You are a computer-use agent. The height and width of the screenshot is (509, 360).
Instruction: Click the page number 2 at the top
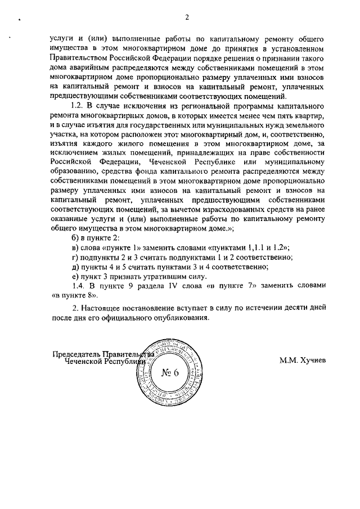tap(186, 17)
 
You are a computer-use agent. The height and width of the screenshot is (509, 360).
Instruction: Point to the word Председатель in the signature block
tap(76, 355)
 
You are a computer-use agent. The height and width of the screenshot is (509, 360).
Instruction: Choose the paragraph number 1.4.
tap(73, 285)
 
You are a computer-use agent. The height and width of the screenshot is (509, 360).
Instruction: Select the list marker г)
tap(70, 256)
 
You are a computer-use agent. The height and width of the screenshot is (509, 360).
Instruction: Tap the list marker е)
tap(70, 276)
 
